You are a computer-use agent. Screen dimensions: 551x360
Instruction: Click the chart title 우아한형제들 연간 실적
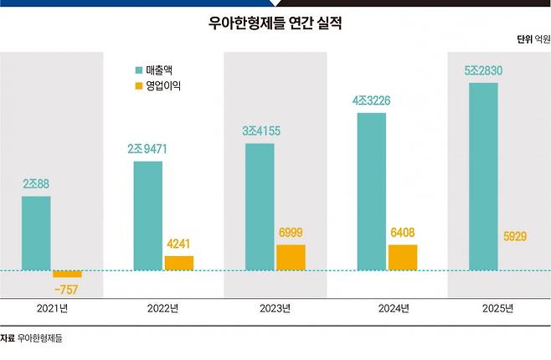pyautogui.click(x=275, y=23)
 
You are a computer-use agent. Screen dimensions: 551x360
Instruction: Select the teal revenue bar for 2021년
pyautogui.click(x=36, y=234)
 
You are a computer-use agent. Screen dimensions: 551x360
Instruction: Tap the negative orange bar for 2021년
pyautogui.click(x=67, y=274)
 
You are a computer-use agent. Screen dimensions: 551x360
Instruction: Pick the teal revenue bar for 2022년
pyautogui.click(x=148, y=216)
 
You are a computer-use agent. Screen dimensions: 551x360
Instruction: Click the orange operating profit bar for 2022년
pyautogui.click(x=179, y=264)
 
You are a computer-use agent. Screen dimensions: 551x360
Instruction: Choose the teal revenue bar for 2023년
pyautogui.click(x=260, y=207)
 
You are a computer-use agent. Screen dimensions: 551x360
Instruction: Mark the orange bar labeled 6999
pyautogui.click(x=291, y=258)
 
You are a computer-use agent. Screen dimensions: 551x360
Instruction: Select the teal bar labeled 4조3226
pyautogui.click(x=372, y=192)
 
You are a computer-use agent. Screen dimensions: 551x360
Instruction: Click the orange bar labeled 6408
pyautogui.click(x=403, y=258)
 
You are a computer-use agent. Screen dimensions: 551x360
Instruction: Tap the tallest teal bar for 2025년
pyautogui.click(x=483, y=177)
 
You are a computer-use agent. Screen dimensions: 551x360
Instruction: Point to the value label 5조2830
pyautogui.click(x=483, y=70)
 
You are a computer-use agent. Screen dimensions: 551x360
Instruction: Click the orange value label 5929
pyautogui.click(x=515, y=236)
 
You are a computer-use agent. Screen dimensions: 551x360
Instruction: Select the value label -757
pyautogui.click(x=66, y=290)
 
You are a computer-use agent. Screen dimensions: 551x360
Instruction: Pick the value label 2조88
pyautogui.click(x=36, y=183)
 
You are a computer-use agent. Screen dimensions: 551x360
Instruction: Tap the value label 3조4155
pyautogui.click(x=261, y=131)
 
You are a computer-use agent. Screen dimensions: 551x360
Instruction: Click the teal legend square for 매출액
pyautogui.click(x=139, y=70)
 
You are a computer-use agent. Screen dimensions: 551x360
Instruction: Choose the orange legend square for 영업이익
pyautogui.click(x=139, y=85)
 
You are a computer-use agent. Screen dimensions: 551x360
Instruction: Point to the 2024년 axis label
pyautogui.click(x=394, y=308)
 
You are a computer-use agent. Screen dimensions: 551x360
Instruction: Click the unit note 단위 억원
pyautogui.click(x=533, y=39)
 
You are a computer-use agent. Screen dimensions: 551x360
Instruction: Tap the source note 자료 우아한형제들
pyautogui.click(x=31, y=338)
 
